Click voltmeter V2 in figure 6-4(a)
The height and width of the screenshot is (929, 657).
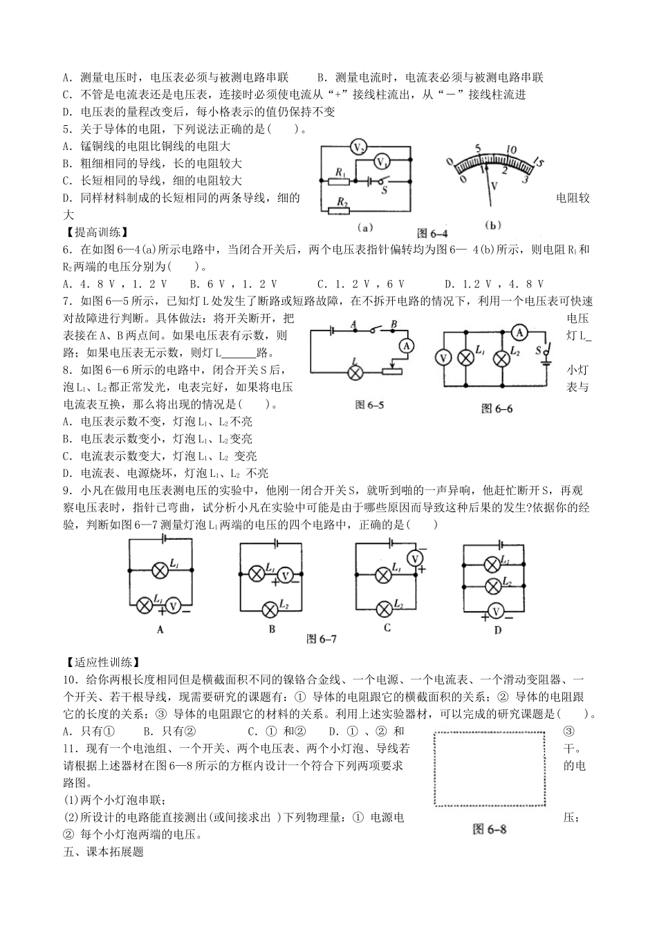coord(358,147)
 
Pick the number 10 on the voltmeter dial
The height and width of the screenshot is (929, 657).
coord(512,150)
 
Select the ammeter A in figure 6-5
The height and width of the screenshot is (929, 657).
coord(407,345)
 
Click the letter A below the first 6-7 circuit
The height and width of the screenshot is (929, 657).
coord(160,629)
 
